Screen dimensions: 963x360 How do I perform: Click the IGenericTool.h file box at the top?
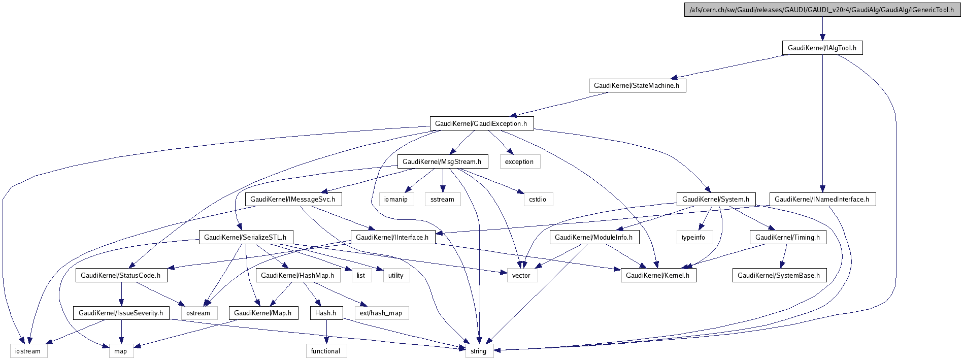coord(822,10)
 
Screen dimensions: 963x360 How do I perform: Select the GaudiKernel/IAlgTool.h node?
coord(822,48)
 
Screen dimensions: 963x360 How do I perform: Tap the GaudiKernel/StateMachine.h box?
coord(637,85)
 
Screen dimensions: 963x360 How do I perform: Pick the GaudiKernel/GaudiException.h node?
coord(481,123)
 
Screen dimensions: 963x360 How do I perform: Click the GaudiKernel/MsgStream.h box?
coord(442,161)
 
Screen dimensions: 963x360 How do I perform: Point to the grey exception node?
coord(519,161)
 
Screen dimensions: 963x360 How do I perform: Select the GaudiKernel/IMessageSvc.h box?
coord(293,199)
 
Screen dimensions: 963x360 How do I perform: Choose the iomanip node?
coord(396,199)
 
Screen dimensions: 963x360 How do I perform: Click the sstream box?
coord(442,199)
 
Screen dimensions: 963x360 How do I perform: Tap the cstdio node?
coord(538,199)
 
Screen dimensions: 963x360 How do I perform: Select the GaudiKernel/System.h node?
coord(716,199)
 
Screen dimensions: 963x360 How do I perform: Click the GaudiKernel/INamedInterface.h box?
coord(822,199)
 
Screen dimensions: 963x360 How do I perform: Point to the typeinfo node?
coord(693,237)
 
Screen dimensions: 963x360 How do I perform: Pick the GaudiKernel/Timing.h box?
coord(788,237)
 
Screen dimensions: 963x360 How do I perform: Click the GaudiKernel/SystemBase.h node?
coord(779,275)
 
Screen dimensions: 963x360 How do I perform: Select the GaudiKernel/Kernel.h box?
coord(658,275)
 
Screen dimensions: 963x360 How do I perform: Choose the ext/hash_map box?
coord(381,313)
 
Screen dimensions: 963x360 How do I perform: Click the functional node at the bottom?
coord(326,351)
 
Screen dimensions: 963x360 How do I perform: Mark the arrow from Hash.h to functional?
coord(326,332)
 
